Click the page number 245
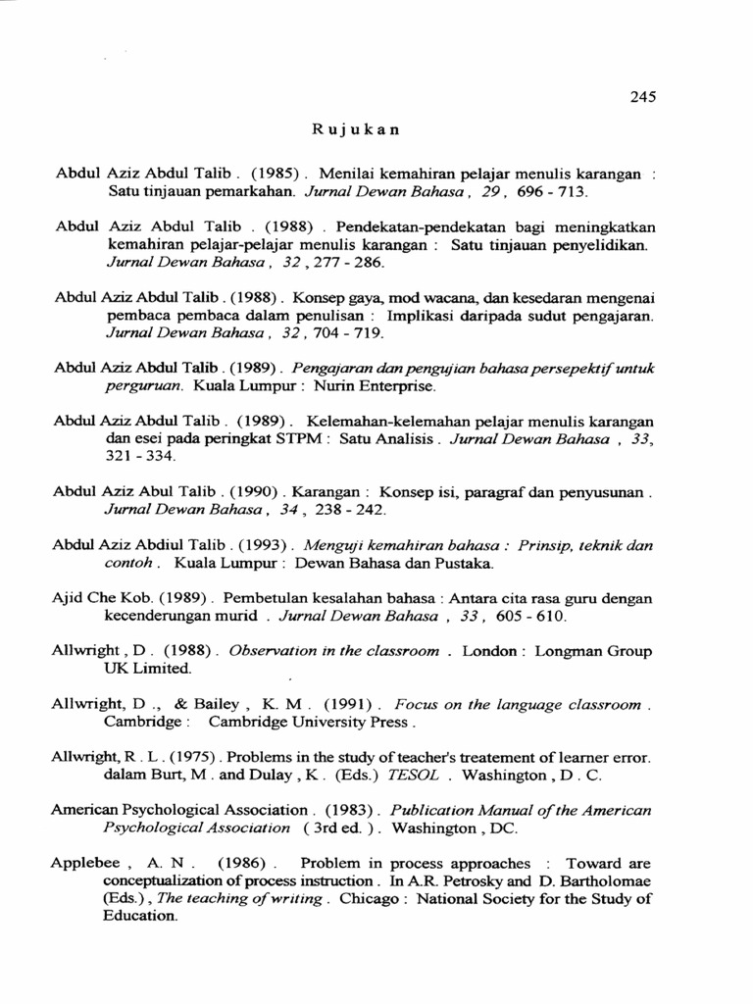coord(642,96)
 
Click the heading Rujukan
coord(356,129)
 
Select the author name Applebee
coord(85,864)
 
